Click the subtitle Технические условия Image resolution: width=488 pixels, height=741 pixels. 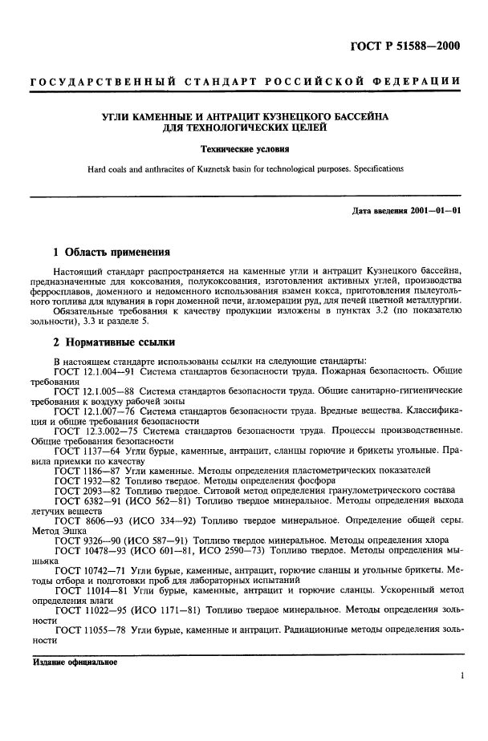[244, 148]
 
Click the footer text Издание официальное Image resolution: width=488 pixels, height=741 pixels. [75, 663]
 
